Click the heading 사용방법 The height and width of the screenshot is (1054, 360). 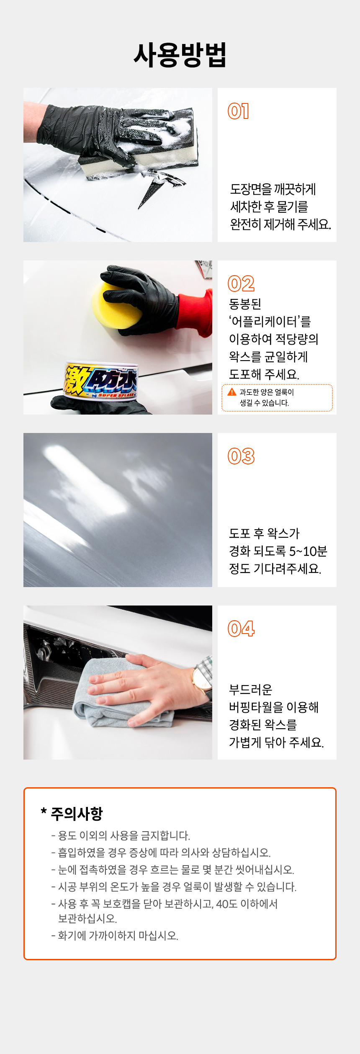[x=180, y=55]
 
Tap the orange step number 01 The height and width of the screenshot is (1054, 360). [x=238, y=111]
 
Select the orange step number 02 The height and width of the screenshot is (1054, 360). [x=241, y=284]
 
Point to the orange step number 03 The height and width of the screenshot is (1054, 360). [x=241, y=456]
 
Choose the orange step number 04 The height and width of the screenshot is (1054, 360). [x=241, y=629]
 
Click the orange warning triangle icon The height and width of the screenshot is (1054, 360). [x=232, y=392]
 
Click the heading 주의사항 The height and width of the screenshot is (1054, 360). [x=77, y=814]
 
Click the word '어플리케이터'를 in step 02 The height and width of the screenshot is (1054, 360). [x=270, y=322]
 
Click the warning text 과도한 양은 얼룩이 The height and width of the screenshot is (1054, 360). [x=267, y=392]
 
